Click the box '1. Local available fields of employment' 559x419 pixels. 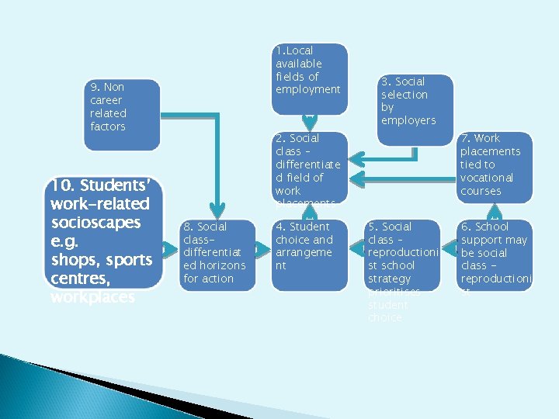[x=310, y=78]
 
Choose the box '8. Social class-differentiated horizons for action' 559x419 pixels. [x=217, y=255]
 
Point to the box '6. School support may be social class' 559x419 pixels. [x=495, y=255]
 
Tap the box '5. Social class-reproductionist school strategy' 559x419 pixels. [x=401, y=255]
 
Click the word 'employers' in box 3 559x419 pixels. [x=408, y=120]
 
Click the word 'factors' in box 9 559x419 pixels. [x=107, y=126]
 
